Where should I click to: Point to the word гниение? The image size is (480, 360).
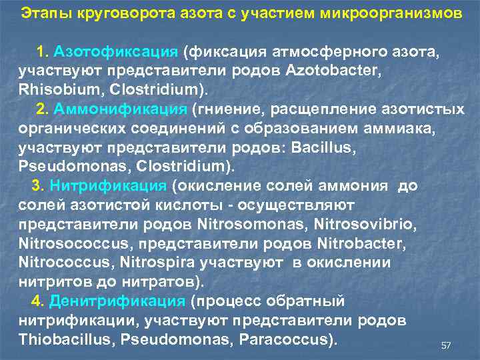click(x=224, y=109)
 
